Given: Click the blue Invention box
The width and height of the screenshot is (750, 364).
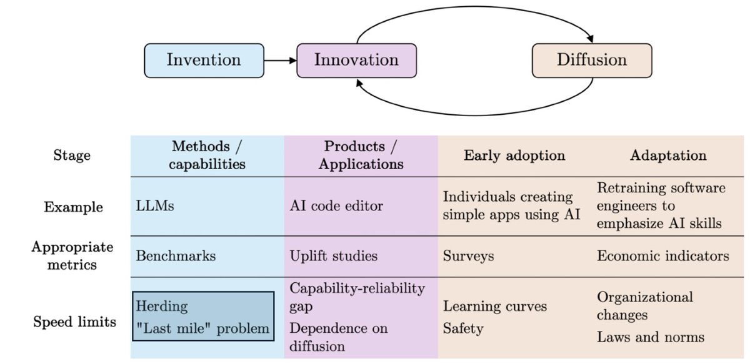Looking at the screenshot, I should (x=204, y=61).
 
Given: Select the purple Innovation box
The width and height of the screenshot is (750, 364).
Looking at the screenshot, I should (x=356, y=61).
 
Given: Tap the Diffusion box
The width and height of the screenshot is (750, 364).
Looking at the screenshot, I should (x=591, y=61).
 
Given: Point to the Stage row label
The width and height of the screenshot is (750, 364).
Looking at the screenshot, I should (x=71, y=155).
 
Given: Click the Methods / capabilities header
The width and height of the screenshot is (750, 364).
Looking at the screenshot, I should (x=207, y=155).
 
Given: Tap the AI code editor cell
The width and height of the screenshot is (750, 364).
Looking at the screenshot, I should (x=337, y=205).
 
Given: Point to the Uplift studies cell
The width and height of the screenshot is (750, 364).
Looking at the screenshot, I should (x=334, y=256).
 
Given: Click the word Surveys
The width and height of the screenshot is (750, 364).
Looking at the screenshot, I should (x=467, y=256).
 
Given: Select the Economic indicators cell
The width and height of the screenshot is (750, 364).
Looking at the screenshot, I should (x=662, y=256).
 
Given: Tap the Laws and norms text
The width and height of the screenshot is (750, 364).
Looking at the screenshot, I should (x=651, y=337).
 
